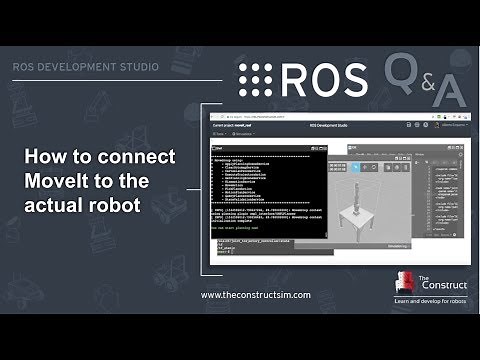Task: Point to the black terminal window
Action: tap(270, 190)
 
